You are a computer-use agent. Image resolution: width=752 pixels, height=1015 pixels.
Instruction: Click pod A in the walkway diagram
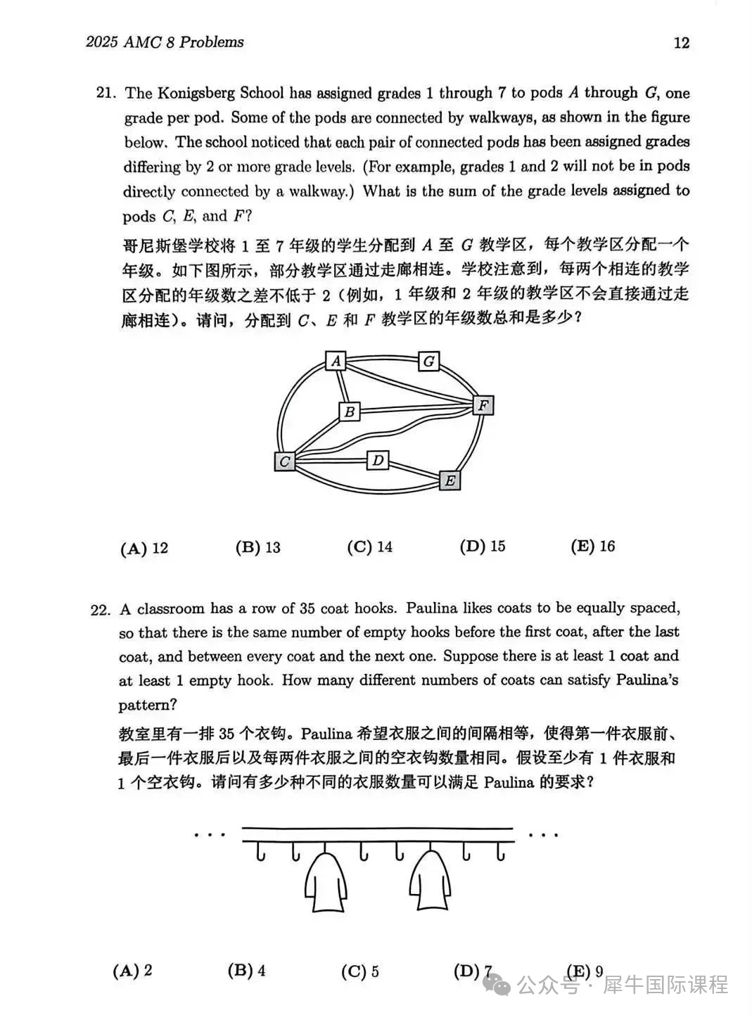pyautogui.click(x=336, y=361)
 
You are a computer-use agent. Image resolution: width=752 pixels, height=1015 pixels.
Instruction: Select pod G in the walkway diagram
pyautogui.click(x=428, y=362)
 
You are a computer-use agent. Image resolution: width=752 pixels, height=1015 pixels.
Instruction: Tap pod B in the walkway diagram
pyautogui.click(x=350, y=411)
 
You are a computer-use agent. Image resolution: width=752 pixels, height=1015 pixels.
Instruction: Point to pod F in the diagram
pyautogui.click(x=483, y=405)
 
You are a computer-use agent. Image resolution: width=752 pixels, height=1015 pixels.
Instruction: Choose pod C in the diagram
pyautogui.click(x=284, y=461)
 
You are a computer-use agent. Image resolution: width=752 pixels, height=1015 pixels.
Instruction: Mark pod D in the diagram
pyautogui.click(x=378, y=460)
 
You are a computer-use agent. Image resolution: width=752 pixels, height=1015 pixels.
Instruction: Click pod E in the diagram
pyautogui.click(x=450, y=480)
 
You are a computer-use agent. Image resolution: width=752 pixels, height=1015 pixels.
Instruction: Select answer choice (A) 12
pyautogui.click(x=144, y=548)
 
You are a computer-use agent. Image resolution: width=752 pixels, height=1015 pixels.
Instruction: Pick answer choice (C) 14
pyautogui.click(x=369, y=547)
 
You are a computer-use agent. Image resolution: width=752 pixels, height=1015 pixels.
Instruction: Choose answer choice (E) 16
pyautogui.click(x=592, y=546)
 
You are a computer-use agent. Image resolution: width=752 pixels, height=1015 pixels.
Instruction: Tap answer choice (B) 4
pyautogui.click(x=246, y=971)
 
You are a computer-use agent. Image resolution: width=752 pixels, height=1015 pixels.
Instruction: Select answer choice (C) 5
pyautogui.click(x=359, y=971)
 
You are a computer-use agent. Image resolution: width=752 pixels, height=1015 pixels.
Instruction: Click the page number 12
pyautogui.click(x=681, y=43)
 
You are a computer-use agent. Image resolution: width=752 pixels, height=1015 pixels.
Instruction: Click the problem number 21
pyautogui.click(x=105, y=94)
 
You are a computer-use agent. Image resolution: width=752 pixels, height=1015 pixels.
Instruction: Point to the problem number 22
pyautogui.click(x=100, y=610)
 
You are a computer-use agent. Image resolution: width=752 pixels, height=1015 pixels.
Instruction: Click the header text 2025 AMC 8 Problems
pyautogui.click(x=165, y=42)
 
